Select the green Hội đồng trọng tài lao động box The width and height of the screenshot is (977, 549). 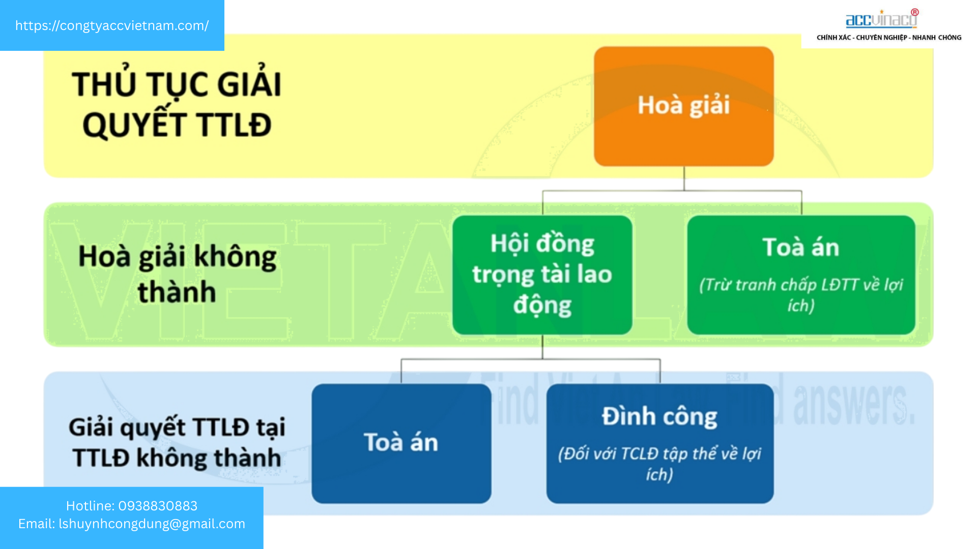(x=542, y=274)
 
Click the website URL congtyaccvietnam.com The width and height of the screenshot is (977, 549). (x=112, y=25)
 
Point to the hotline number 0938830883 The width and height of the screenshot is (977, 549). (x=158, y=506)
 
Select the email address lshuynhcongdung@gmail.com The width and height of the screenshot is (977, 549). (x=152, y=524)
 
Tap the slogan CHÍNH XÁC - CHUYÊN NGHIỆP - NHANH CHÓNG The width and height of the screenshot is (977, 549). (x=889, y=38)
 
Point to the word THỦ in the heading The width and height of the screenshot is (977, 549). (x=106, y=84)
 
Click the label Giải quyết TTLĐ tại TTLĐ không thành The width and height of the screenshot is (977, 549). (x=177, y=442)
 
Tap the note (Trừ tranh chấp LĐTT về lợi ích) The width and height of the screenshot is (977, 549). (x=801, y=295)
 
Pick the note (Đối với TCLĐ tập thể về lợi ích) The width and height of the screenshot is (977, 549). (x=659, y=464)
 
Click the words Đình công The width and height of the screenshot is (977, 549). (x=659, y=417)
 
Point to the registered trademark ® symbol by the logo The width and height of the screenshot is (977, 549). (x=915, y=12)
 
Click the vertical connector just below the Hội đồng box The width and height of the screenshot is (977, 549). (x=542, y=347)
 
